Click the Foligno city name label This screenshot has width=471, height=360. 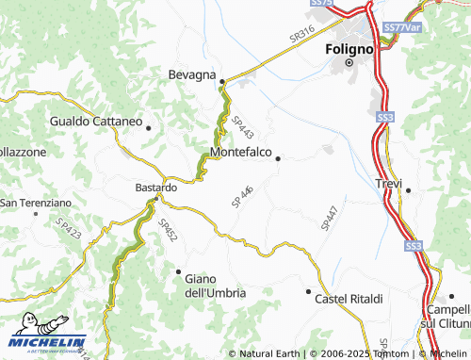(x=350, y=47)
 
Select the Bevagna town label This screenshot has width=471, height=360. (x=192, y=74)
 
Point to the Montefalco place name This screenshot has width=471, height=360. (x=242, y=151)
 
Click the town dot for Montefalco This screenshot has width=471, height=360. (x=277, y=159)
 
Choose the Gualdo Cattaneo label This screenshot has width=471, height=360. (x=95, y=123)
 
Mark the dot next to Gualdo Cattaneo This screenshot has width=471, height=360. (x=148, y=127)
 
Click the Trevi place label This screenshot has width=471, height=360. (x=389, y=183)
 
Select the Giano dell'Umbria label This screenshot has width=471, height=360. (x=215, y=286)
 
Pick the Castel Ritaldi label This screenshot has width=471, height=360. (x=349, y=299)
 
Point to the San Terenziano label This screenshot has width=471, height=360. (x=36, y=203)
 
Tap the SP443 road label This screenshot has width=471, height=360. (x=242, y=127)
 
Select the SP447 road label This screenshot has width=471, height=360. (x=329, y=216)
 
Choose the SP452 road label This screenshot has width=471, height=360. (x=168, y=232)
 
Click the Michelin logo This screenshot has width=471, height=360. (x=47, y=342)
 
